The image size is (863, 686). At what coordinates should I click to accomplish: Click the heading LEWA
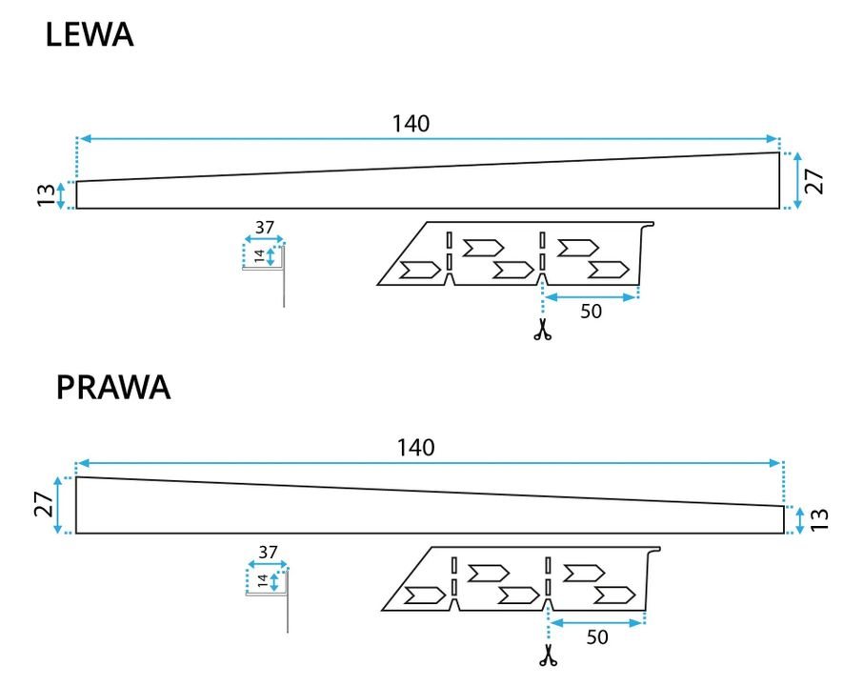coord(89,36)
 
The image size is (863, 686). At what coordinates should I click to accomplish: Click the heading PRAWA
coord(113,388)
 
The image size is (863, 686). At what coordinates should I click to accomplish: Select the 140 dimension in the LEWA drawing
coord(411,123)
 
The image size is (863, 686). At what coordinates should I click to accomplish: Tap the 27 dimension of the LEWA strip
coord(813,181)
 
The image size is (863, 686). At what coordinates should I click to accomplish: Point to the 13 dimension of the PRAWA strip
coord(821,519)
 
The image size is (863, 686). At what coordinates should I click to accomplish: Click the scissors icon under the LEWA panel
coord(542,331)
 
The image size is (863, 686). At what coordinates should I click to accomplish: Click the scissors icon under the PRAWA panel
coord(548,655)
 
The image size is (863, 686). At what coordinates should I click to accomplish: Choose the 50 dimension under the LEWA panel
coord(591,312)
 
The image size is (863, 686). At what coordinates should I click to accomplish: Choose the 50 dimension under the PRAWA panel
coord(597,637)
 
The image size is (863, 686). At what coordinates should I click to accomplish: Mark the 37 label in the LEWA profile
coord(265,227)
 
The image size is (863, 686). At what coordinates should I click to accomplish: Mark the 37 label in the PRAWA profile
coord(269,552)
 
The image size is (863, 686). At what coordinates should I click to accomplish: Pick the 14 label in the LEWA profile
coord(258,255)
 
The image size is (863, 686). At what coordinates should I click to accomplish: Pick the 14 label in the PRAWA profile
coord(262,579)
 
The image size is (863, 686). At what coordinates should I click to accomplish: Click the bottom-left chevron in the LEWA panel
coord(418,270)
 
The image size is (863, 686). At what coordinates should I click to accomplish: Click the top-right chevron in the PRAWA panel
coord(583,573)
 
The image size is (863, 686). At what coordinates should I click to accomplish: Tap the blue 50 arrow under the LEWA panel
coord(590,297)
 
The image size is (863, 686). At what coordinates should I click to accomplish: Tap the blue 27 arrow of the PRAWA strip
coord(59,505)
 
